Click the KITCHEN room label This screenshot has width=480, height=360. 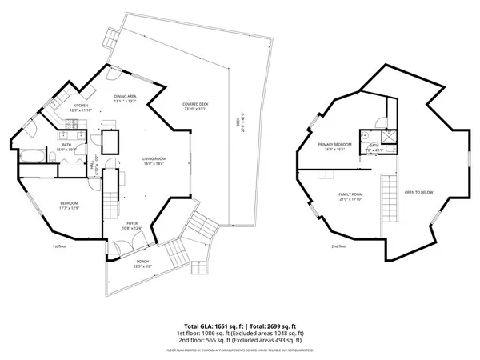pyautogui.click(x=81, y=105)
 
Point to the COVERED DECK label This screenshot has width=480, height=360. pyautogui.click(x=195, y=105)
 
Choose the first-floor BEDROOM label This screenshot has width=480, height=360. pyautogui.click(x=68, y=204)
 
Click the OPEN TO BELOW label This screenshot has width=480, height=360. pyautogui.click(x=419, y=192)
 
